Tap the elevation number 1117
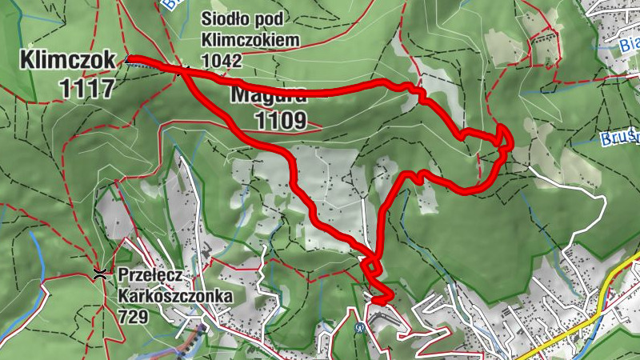(86, 87)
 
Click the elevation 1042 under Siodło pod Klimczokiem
(222, 59)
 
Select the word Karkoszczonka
(175, 297)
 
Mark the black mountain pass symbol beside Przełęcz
(101, 274)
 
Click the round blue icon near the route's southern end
(359, 326)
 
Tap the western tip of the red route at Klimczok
(129, 58)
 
